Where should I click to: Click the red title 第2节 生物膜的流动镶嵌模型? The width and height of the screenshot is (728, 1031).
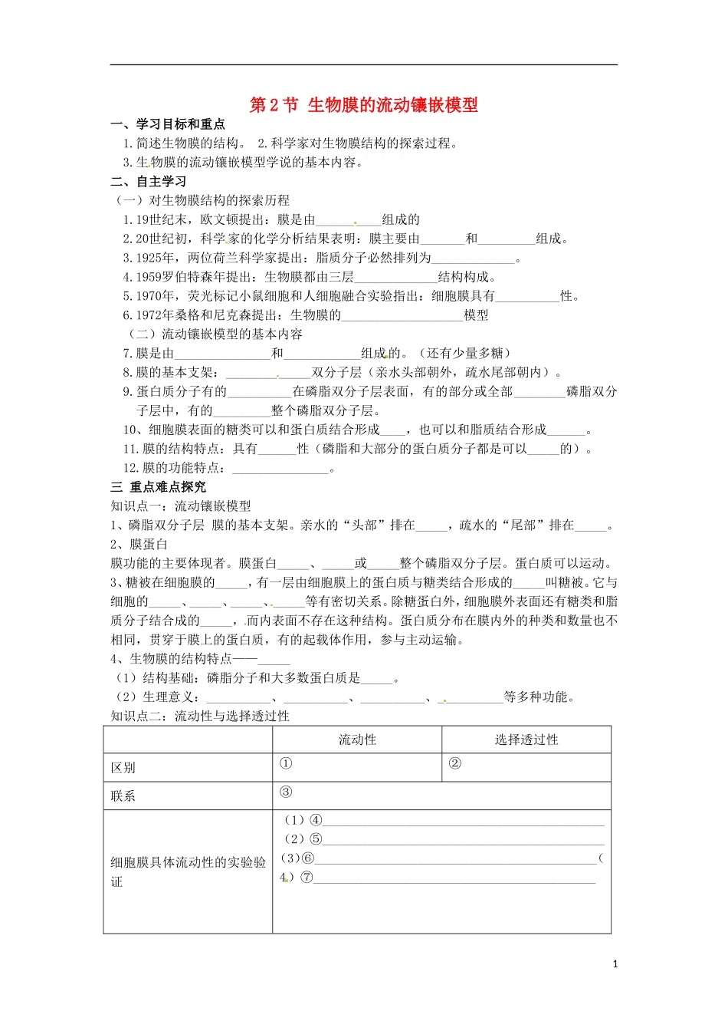(364, 105)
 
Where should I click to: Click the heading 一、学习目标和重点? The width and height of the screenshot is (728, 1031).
(168, 124)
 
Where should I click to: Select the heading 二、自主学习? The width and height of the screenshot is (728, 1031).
(149, 182)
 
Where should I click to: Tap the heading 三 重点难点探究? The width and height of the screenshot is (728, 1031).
(159, 487)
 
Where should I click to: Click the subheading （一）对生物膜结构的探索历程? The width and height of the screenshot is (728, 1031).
(202, 200)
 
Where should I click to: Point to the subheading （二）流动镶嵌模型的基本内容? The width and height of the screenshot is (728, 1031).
(215, 334)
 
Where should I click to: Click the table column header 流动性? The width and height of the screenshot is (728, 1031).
(357, 739)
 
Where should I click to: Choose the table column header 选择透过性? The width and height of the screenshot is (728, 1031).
(526, 739)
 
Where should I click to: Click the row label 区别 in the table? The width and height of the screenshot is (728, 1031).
(123, 768)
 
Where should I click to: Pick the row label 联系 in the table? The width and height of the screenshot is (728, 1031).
(123, 796)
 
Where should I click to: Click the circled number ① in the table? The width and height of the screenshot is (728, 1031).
(286, 763)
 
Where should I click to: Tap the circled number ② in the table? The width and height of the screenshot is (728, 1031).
(454, 763)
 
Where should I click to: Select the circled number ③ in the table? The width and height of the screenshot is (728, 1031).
(286, 792)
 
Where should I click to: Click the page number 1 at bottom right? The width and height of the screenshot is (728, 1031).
(615, 964)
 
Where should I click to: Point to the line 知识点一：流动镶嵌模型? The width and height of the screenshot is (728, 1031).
(181, 506)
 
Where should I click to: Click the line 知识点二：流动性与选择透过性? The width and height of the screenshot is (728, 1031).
(200, 716)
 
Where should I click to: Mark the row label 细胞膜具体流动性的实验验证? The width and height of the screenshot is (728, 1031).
(188, 871)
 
